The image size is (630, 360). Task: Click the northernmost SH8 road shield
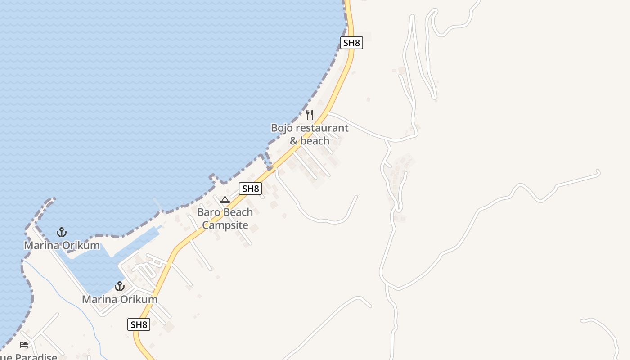pyautogui.click(x=351, y=43)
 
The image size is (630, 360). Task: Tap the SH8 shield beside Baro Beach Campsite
pyautogui.click(x=250, y=189)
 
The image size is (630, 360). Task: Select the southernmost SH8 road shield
pyautogui.click(x=139, y=324)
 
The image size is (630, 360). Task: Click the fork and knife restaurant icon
pyautogui.click(x=310, y=115)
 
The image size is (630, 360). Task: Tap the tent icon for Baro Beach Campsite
pyautogui.click(x=225, y=199)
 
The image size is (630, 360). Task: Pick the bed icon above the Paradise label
pyautogui.click(x=24, y=345)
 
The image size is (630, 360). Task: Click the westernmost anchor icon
pyautogui.click(x=62, y=232)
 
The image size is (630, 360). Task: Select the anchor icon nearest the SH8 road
pyautogui.click(x=119, y=286)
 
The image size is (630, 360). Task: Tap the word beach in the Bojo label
pyautogui.click(x=315, y=141)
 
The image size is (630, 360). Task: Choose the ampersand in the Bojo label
pyautogui.click(x=294, y=141)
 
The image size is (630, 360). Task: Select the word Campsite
pyautogui.click(x=225, y=225)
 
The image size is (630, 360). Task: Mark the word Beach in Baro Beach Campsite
pyautogui.click(x=238, y=212)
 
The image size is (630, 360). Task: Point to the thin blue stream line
pyautogui.click(x=67, y=292)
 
